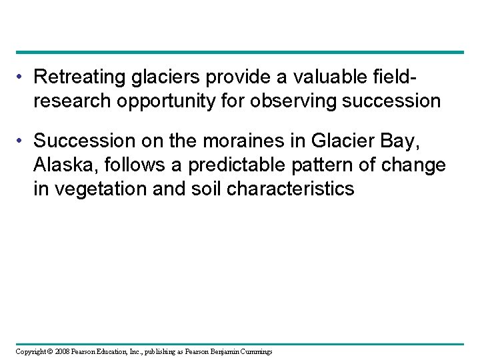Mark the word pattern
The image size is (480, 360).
click(299, 165)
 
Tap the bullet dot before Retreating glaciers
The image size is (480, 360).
click(22, 78)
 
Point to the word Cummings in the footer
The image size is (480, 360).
click(253, 351)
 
